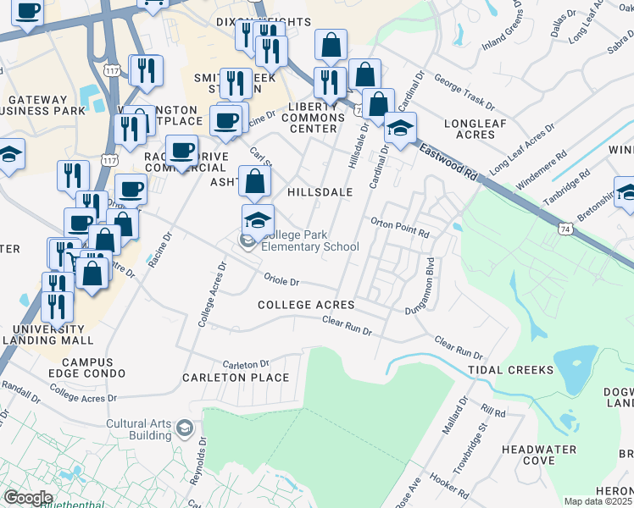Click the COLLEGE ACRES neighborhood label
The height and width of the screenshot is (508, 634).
306,305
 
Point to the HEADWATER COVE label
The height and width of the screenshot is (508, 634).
540,455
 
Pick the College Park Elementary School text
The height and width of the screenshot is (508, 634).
310,241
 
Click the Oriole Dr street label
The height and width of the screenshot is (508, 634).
282,281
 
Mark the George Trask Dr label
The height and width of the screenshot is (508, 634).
464,91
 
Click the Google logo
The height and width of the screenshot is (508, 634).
28,497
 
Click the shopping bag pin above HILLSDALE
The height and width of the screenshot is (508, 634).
256,180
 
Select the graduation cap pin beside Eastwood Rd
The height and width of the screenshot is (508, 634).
400,128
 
